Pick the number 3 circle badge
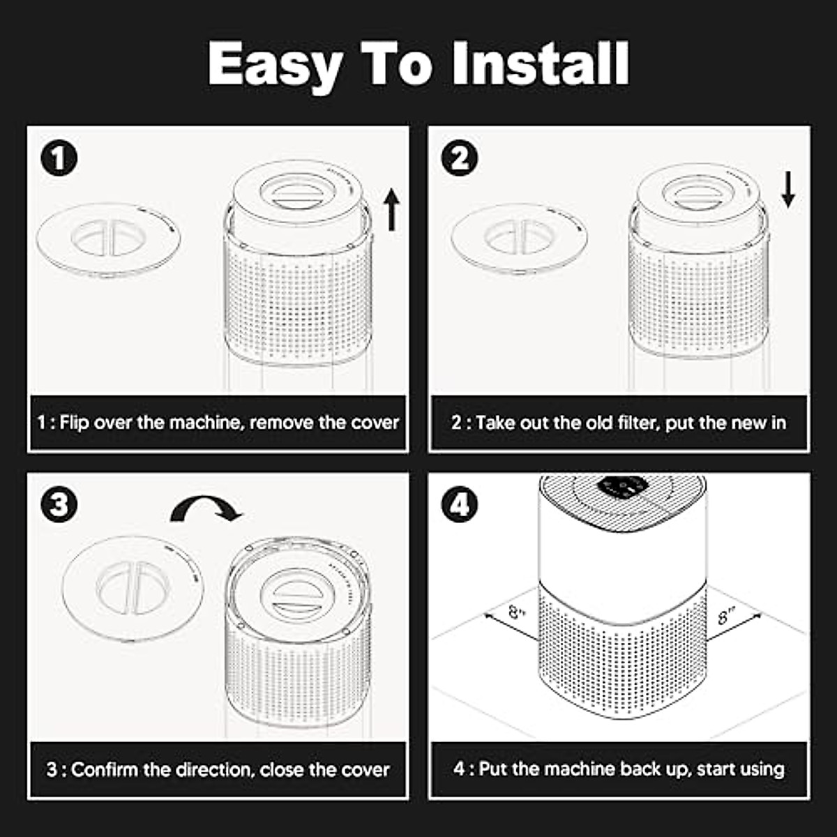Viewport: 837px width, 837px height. click(x=59, y=504)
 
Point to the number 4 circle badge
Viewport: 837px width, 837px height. click(x=460, y=504)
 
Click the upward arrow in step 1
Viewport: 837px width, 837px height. click(x=392, y=209)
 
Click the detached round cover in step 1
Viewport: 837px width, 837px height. click(x=108, y=240)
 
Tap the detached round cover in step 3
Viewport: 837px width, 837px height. click(x=133, y=589)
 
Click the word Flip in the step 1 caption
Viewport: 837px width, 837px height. click(x=74, y=423)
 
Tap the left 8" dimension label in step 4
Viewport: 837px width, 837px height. click(x=518, y=614)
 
